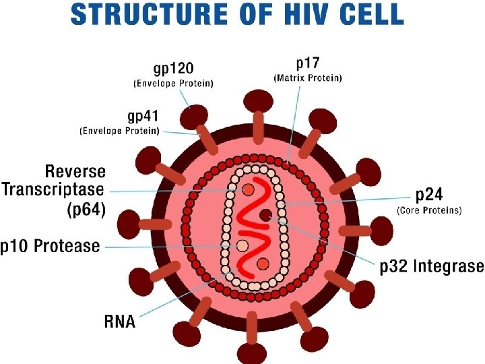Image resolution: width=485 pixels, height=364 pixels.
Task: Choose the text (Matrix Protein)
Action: [308, 78]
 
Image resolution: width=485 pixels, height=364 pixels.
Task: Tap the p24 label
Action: [429, 195]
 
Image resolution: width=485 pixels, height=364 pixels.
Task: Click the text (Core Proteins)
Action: [429, 211]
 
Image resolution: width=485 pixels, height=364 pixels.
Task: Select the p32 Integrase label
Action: [432, 266]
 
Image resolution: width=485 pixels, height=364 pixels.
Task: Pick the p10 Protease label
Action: [50, 246]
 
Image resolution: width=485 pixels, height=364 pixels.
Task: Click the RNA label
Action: [120, 321]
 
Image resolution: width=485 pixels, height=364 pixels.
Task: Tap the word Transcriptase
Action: [54, 189]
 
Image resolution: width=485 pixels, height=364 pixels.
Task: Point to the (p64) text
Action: [86, 210]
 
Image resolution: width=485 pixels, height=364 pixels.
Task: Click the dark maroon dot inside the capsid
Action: [267, 216]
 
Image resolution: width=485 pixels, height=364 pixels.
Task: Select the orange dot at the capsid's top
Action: [249, 190]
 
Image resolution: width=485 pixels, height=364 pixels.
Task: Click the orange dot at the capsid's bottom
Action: [263, 263]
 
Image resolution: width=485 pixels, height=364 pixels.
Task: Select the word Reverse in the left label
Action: [75, 171]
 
